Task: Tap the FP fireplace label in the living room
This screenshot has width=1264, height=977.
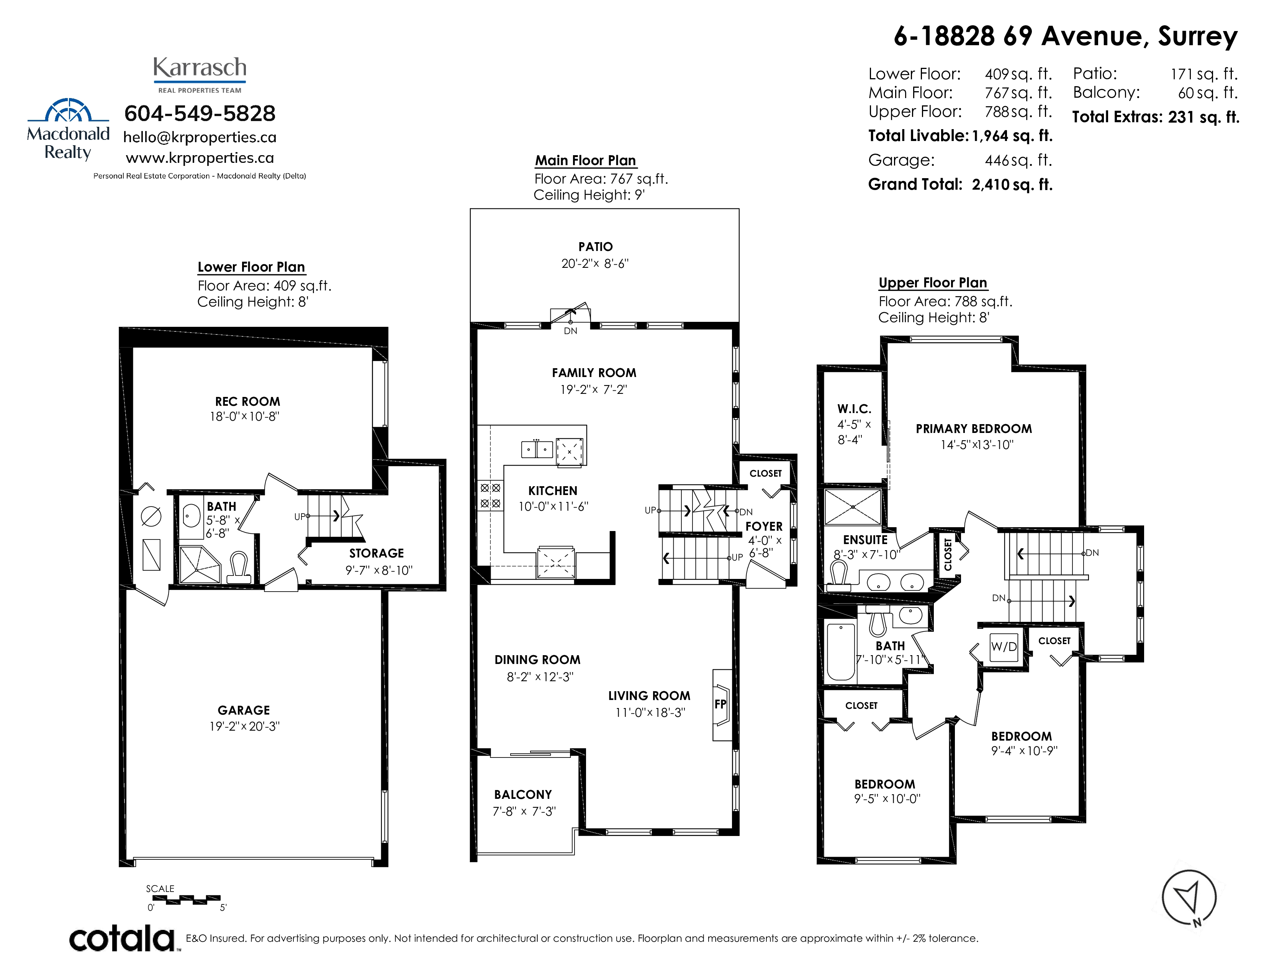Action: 720,704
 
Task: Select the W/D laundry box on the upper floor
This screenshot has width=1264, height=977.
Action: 1004,646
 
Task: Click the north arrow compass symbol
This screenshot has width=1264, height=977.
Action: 1189,898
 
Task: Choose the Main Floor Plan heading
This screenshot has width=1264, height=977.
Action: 585,160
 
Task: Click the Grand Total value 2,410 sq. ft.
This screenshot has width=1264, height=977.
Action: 1012,185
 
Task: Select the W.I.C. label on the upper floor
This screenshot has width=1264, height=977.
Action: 854,409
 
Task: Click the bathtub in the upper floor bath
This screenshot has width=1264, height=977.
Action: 841,652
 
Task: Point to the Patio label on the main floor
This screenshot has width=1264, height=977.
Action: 596,247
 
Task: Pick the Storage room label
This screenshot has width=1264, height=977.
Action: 376,553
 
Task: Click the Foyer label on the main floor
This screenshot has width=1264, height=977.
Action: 764,526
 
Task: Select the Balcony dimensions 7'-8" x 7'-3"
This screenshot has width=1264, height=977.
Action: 524,811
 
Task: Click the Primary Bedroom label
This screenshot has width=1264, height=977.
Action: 974,429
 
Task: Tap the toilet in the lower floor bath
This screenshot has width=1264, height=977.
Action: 239,567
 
